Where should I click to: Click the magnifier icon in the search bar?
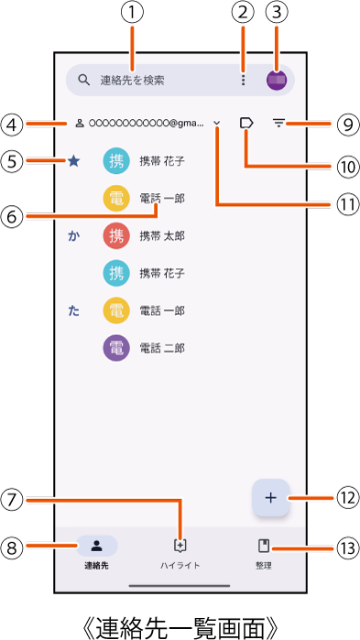tap(84, 80)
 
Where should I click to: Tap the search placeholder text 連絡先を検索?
tap(133, 80)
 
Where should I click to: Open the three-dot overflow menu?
tap(243, 80)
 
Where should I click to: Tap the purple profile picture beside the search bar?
tap(277, 80)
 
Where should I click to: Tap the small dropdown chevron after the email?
tap(217, 123)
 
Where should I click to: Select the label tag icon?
tap(245, 123)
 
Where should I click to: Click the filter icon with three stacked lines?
tap(278, 123)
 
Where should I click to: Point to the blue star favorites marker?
tap(74, 161)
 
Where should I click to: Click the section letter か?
tap(73, 236)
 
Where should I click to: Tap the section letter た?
tap(73, 310)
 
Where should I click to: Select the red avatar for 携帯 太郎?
tap(115, 235)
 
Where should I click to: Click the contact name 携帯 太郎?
tap(162, 236)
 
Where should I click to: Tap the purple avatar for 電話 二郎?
tap(115, 347)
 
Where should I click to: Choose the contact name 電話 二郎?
tap(162, 348)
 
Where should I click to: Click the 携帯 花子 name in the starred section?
tap(162, 161)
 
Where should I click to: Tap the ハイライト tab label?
tap(180, 566)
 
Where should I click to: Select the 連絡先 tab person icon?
tap(96, 545)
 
